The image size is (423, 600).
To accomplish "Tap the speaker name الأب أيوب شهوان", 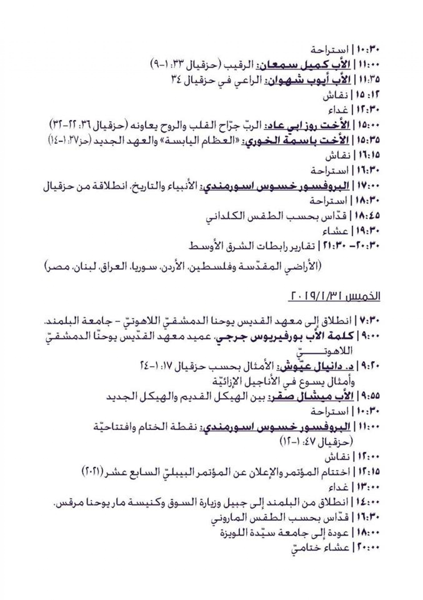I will [305, 80].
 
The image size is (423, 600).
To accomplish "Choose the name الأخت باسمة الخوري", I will [294, 141].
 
